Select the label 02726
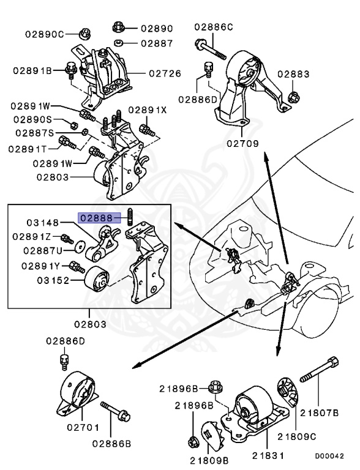point(165,73)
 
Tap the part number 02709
point(242,143)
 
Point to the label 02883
point(293,73)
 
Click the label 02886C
point(214,27)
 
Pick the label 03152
point(53,280)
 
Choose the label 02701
point(83,427)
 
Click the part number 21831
point(268,455)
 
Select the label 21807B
point(319,412)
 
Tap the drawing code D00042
point(329,456)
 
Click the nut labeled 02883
point(294,97)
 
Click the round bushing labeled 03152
point(96,278)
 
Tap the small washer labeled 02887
point(119,43)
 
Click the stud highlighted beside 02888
point(130,216)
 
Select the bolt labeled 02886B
point(116,411)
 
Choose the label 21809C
point(297,436)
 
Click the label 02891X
point(148,110)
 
